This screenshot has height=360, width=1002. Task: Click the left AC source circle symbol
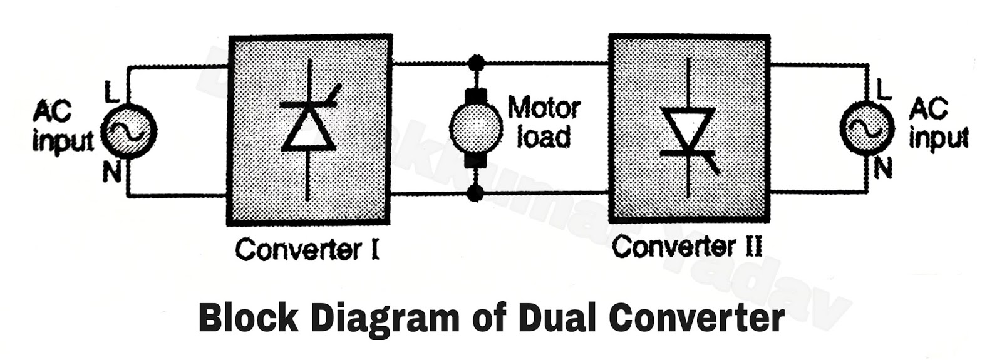click(x=128, y=131)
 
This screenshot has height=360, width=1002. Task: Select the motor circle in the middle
click(x=476, y=127)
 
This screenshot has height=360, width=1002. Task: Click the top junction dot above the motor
click(x=477, y=63)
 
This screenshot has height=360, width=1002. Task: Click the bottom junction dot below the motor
click(x=476, y=193)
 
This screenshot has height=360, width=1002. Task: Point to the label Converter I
click(x=307, y=250)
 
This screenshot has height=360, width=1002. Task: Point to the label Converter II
click(x=687, y=246)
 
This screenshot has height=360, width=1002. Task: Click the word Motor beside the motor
click(x=544, y=108)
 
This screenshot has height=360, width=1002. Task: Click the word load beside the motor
click(x=543, y=137)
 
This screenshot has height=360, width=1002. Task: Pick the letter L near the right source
click(x=883, y=90)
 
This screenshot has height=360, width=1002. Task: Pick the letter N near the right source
click(x=882, y=167)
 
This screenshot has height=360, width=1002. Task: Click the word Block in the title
click(x=248, y=317)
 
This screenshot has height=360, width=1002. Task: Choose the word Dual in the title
click(x=557, y=317)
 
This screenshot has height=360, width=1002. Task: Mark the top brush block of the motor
click(x=476, y=97)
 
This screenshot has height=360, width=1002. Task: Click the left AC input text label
click(x=61, y=127)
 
